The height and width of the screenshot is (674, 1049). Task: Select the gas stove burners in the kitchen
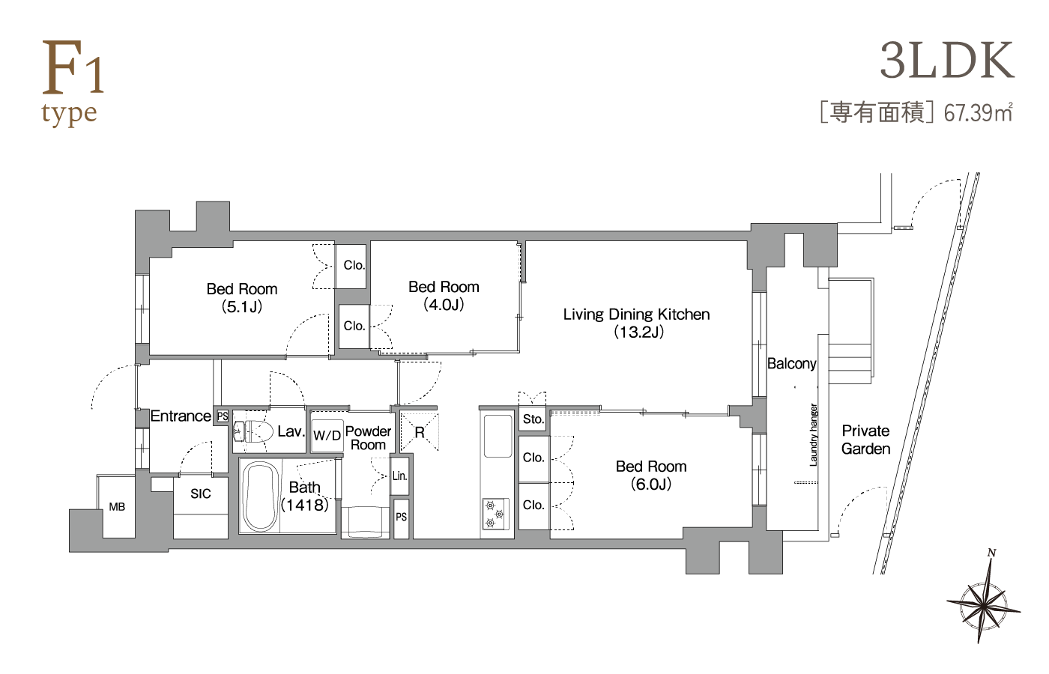[x=495, y=514]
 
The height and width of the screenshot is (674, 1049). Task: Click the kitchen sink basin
[x=498, y=435]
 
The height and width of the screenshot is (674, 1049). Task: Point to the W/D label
[x=327, y=435]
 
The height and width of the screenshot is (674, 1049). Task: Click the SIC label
[x=201, y=494]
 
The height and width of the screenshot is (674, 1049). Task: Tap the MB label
[x=117, y=507]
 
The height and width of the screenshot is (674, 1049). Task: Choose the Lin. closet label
[x=399, y=476]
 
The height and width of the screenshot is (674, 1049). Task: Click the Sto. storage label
[x=533, y=419]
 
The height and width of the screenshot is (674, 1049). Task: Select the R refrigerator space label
[x=420, y=433]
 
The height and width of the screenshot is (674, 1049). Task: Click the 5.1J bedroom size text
[x=241, y=307]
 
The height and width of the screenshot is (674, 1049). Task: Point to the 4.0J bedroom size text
[x=444, y=306]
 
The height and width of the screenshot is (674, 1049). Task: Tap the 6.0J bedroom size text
[x=651, y=484]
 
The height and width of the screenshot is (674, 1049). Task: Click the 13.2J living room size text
[x=638, y=333]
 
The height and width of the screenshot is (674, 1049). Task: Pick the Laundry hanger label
[x=814, y=435]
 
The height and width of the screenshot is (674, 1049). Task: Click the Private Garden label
[x=865, y=440]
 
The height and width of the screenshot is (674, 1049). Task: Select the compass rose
[x=984, y=607]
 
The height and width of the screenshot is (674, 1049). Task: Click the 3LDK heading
[x=947, y=61]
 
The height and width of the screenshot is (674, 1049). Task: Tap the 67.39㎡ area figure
[x=978, y=113]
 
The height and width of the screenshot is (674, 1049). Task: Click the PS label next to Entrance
[x=223, y=416]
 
